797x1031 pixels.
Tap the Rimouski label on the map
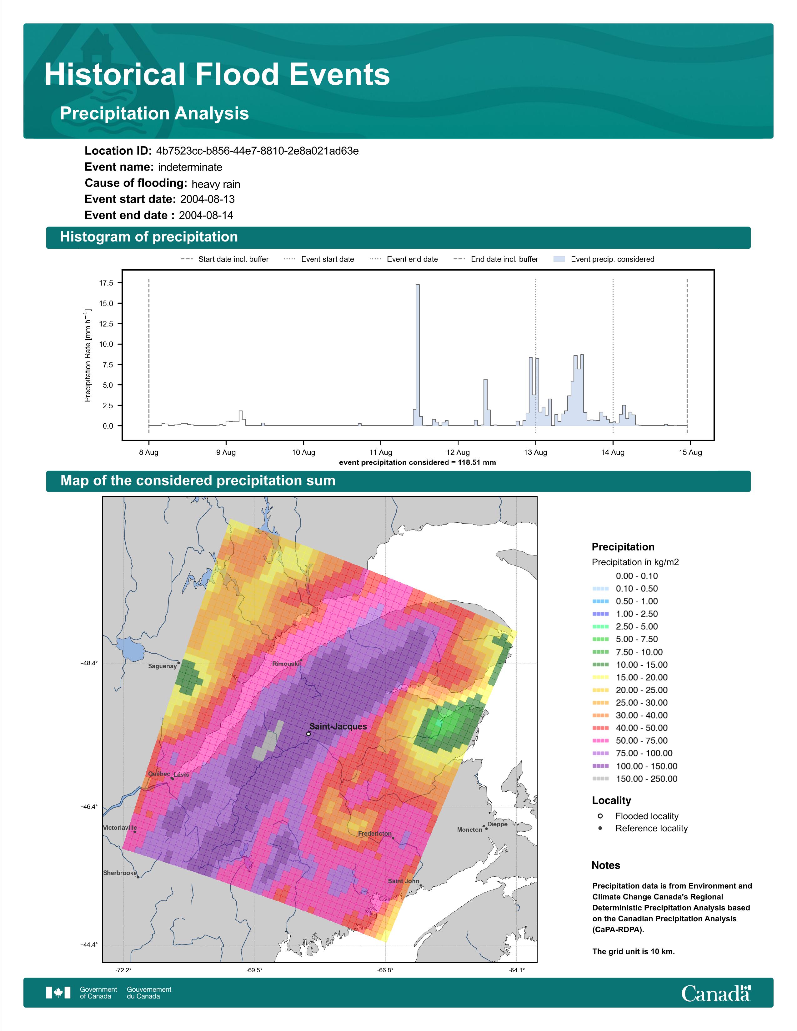pyautogui.click(x=286, y=664)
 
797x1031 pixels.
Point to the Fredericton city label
pyautogui.click(x=374, y=833)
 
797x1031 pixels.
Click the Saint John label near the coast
pyautogui.click(x=403, y=881)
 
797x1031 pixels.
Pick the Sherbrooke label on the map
pyautogui.click(x=120, y=873)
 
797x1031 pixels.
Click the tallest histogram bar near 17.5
pyautogui.click(x=417, y=355)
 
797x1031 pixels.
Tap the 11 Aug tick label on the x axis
pyautogui.click(x=381, y=452)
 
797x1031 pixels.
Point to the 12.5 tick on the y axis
pyautogui.click(x=106, y=324)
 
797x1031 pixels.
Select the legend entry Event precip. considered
pyautogui.click(x=612, y=259)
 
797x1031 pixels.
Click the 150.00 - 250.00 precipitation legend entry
pyautogui.click(x=646, y=779)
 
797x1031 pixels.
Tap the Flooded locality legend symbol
pyautogui.click(x=600, y=816)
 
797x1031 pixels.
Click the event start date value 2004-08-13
pyautogui.click(x=207, y=199)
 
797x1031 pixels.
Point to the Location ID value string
pyautogui.click(x=257, y=151)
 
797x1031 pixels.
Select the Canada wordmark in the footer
pyautogui.click(x=716, y=993)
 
